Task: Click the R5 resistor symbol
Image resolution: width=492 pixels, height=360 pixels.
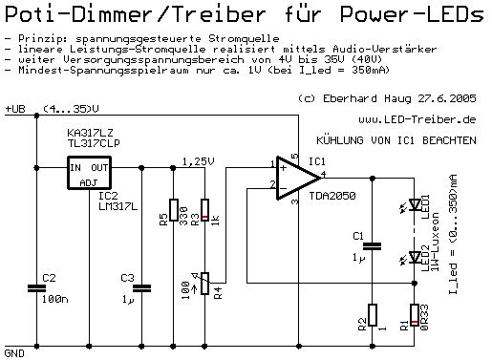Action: (173, 210)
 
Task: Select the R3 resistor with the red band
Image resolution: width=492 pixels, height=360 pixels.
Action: (204, 210)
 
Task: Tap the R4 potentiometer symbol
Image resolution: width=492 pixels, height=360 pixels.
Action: (204, 284)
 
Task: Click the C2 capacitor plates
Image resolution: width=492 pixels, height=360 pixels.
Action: (36, 288)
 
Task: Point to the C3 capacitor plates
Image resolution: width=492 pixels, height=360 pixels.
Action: (141, 288)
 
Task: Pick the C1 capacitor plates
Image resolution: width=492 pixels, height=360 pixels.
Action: (373, 246)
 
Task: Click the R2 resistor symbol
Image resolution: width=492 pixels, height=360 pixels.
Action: (373, 315)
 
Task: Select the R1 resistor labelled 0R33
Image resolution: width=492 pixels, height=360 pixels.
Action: (415, 315)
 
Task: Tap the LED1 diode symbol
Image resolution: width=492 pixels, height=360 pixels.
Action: (415, 205)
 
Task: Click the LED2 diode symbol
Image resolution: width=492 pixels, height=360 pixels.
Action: (415, 257)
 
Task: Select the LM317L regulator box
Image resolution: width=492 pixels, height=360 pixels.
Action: (89, 173)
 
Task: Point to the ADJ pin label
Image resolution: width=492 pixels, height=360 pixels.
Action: (88, 183)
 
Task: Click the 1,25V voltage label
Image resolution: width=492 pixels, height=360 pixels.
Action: (198, 162)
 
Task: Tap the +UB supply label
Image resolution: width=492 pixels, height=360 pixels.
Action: (15, 109)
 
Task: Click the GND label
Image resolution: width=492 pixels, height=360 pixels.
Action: (14, 353)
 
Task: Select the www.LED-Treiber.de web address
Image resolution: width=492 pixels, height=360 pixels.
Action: (417, 119)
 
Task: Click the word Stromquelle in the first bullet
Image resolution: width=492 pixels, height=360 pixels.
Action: (244, 39)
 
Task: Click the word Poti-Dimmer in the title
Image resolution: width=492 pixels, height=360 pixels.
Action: (77, 14)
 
